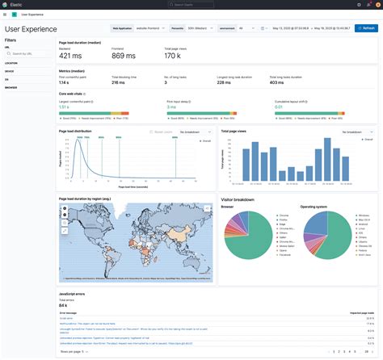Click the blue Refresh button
[364, 27]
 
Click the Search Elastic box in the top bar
[191, 4]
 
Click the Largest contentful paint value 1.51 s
[65, 106]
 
